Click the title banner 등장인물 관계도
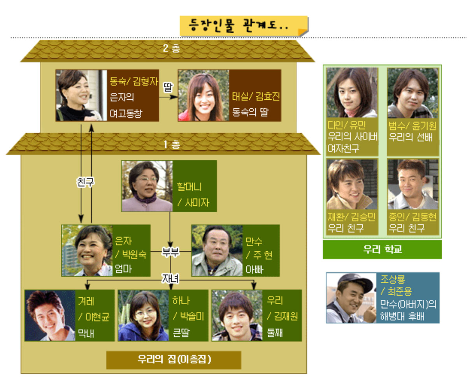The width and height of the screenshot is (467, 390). coord(244,26)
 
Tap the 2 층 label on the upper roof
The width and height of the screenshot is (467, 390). coord(171,48)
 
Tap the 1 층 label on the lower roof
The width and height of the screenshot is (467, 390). coord(172,145)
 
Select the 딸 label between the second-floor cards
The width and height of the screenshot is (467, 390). coord(168,87)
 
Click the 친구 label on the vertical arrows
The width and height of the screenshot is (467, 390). coord(85,182)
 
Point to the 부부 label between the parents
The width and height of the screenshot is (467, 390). coord(170,252)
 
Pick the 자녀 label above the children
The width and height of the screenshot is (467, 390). coord(170,278)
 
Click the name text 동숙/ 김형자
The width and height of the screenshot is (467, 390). coord(134,81)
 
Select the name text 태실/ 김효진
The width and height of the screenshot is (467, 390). coord(256,96)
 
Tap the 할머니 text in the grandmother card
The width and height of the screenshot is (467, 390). coord(189,187)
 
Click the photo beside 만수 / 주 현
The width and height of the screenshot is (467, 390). coord(217,251)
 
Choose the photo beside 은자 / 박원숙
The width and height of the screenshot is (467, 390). coord(87,251)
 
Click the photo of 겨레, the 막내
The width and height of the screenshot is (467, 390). coord(50,316)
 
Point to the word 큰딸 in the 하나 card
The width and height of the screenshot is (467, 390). coord(181,333)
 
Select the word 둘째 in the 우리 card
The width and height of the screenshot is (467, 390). coord(275,333)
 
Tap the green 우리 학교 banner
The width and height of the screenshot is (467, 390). coord(382,249)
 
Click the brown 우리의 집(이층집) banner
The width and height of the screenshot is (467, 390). coord(174,360)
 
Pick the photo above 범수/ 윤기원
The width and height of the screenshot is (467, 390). coord(413,93)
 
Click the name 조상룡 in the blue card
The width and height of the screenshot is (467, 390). coord(393,279)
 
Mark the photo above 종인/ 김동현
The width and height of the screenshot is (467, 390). coord(413,184)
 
